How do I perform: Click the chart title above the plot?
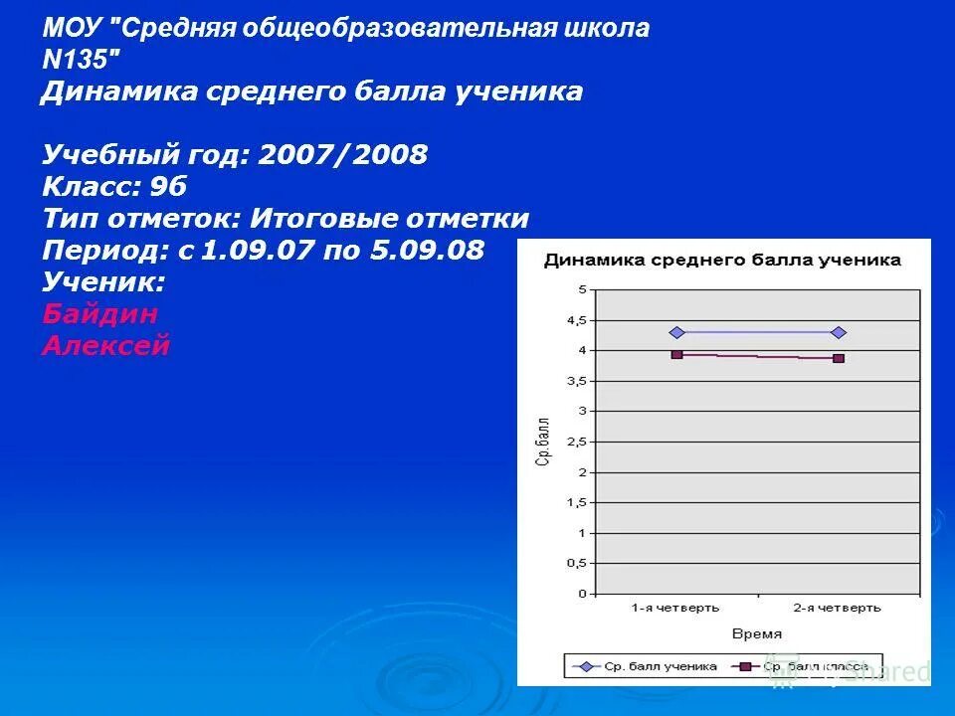coord(721,261)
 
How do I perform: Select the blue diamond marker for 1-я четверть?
coord(676,332)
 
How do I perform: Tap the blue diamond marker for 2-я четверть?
coord(839,332)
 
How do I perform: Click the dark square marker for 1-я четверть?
coord(676,353)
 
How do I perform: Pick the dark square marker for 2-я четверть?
coord(839,358)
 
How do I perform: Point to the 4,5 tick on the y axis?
coord(577,320)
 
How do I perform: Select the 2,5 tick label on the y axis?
coord(577,442)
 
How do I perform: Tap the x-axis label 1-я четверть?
coord(675,607)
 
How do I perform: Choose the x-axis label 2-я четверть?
coord(838,607)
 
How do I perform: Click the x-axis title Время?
coord(757,633)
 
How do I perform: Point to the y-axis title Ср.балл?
coord(543,442)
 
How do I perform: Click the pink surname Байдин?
coord(99,314)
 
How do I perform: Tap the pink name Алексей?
coord(106,346)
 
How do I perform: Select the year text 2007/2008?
coord(343,154)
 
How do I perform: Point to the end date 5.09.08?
coord(427,250)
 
